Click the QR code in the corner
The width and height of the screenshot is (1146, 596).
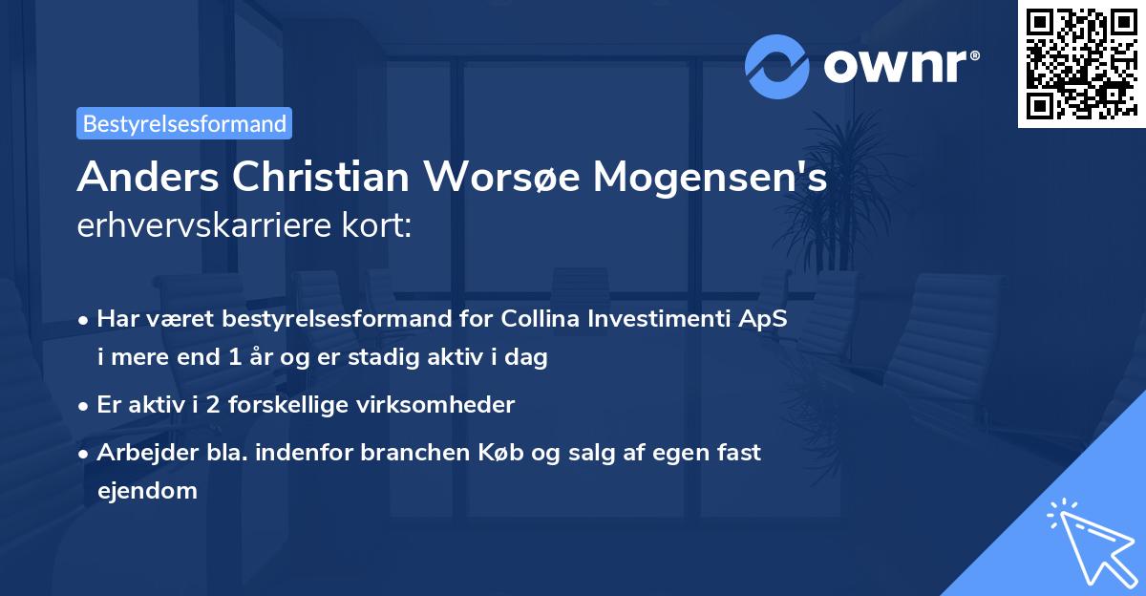coord(1081,63)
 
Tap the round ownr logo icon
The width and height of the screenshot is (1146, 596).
coord(776,67)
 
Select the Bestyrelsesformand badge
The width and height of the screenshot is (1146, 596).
coord(184,123)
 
